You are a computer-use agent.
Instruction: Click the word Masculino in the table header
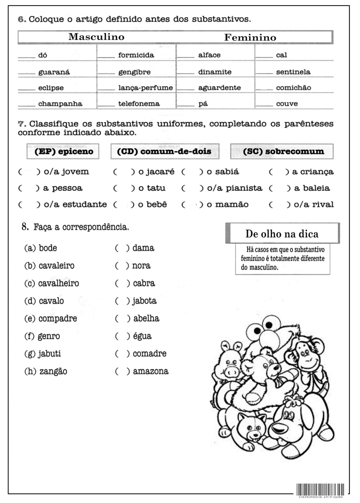[96, 37]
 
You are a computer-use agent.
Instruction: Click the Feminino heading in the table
[250, 37]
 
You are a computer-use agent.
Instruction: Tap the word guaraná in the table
[54, 72]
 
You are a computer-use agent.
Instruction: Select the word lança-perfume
[145, 88]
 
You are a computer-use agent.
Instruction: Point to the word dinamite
[215, 72]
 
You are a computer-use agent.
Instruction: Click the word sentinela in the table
[293, 72]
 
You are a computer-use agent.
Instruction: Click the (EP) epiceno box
[63, 152]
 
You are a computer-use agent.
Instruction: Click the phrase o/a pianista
[234, 188]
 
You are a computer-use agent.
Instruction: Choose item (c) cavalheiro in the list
[52, 283]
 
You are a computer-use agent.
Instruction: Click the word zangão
[53, 371]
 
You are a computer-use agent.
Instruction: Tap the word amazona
[150, 371]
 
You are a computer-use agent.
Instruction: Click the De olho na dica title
[282, 234]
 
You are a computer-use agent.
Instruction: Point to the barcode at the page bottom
[320, 489]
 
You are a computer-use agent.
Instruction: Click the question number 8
[25, 227]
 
